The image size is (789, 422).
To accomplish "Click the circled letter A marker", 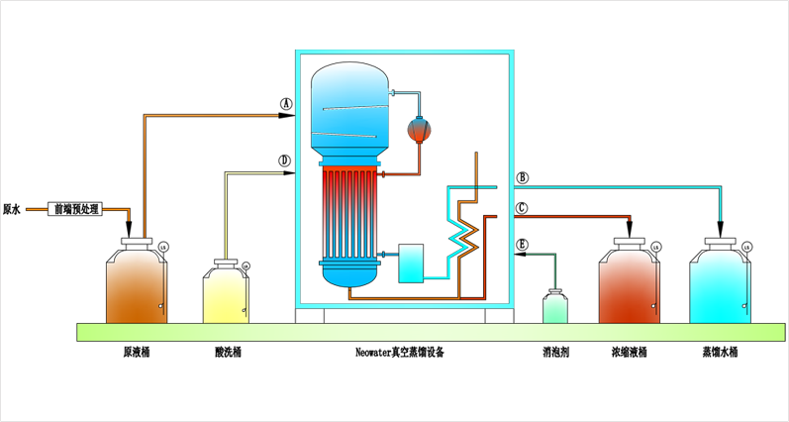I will pos(285,102).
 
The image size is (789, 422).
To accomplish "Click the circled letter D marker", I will pos(284,159).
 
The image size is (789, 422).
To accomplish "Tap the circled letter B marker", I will pos(522,178).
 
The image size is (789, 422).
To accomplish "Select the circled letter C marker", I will pos(522,208).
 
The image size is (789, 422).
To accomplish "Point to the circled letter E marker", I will pos(522,244).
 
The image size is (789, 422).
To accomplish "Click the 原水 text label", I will pos(13,209).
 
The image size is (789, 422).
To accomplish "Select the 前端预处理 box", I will pos(75,209).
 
